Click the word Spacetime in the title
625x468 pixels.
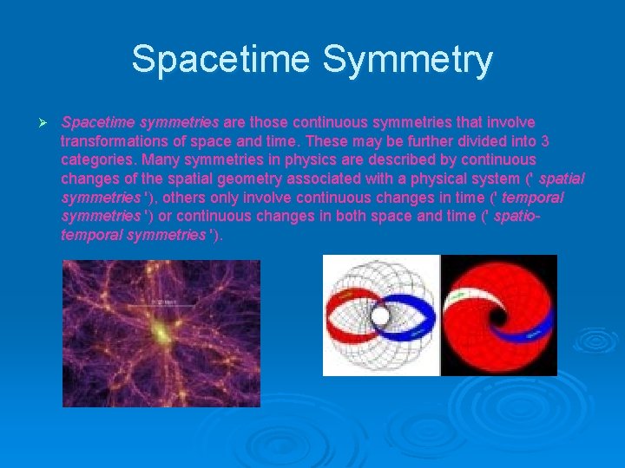224,60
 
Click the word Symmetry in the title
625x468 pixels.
407,60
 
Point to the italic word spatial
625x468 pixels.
562,179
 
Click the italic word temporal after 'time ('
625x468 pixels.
533,198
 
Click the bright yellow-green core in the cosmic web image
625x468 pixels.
161,332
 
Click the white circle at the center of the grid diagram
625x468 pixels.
380,316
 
